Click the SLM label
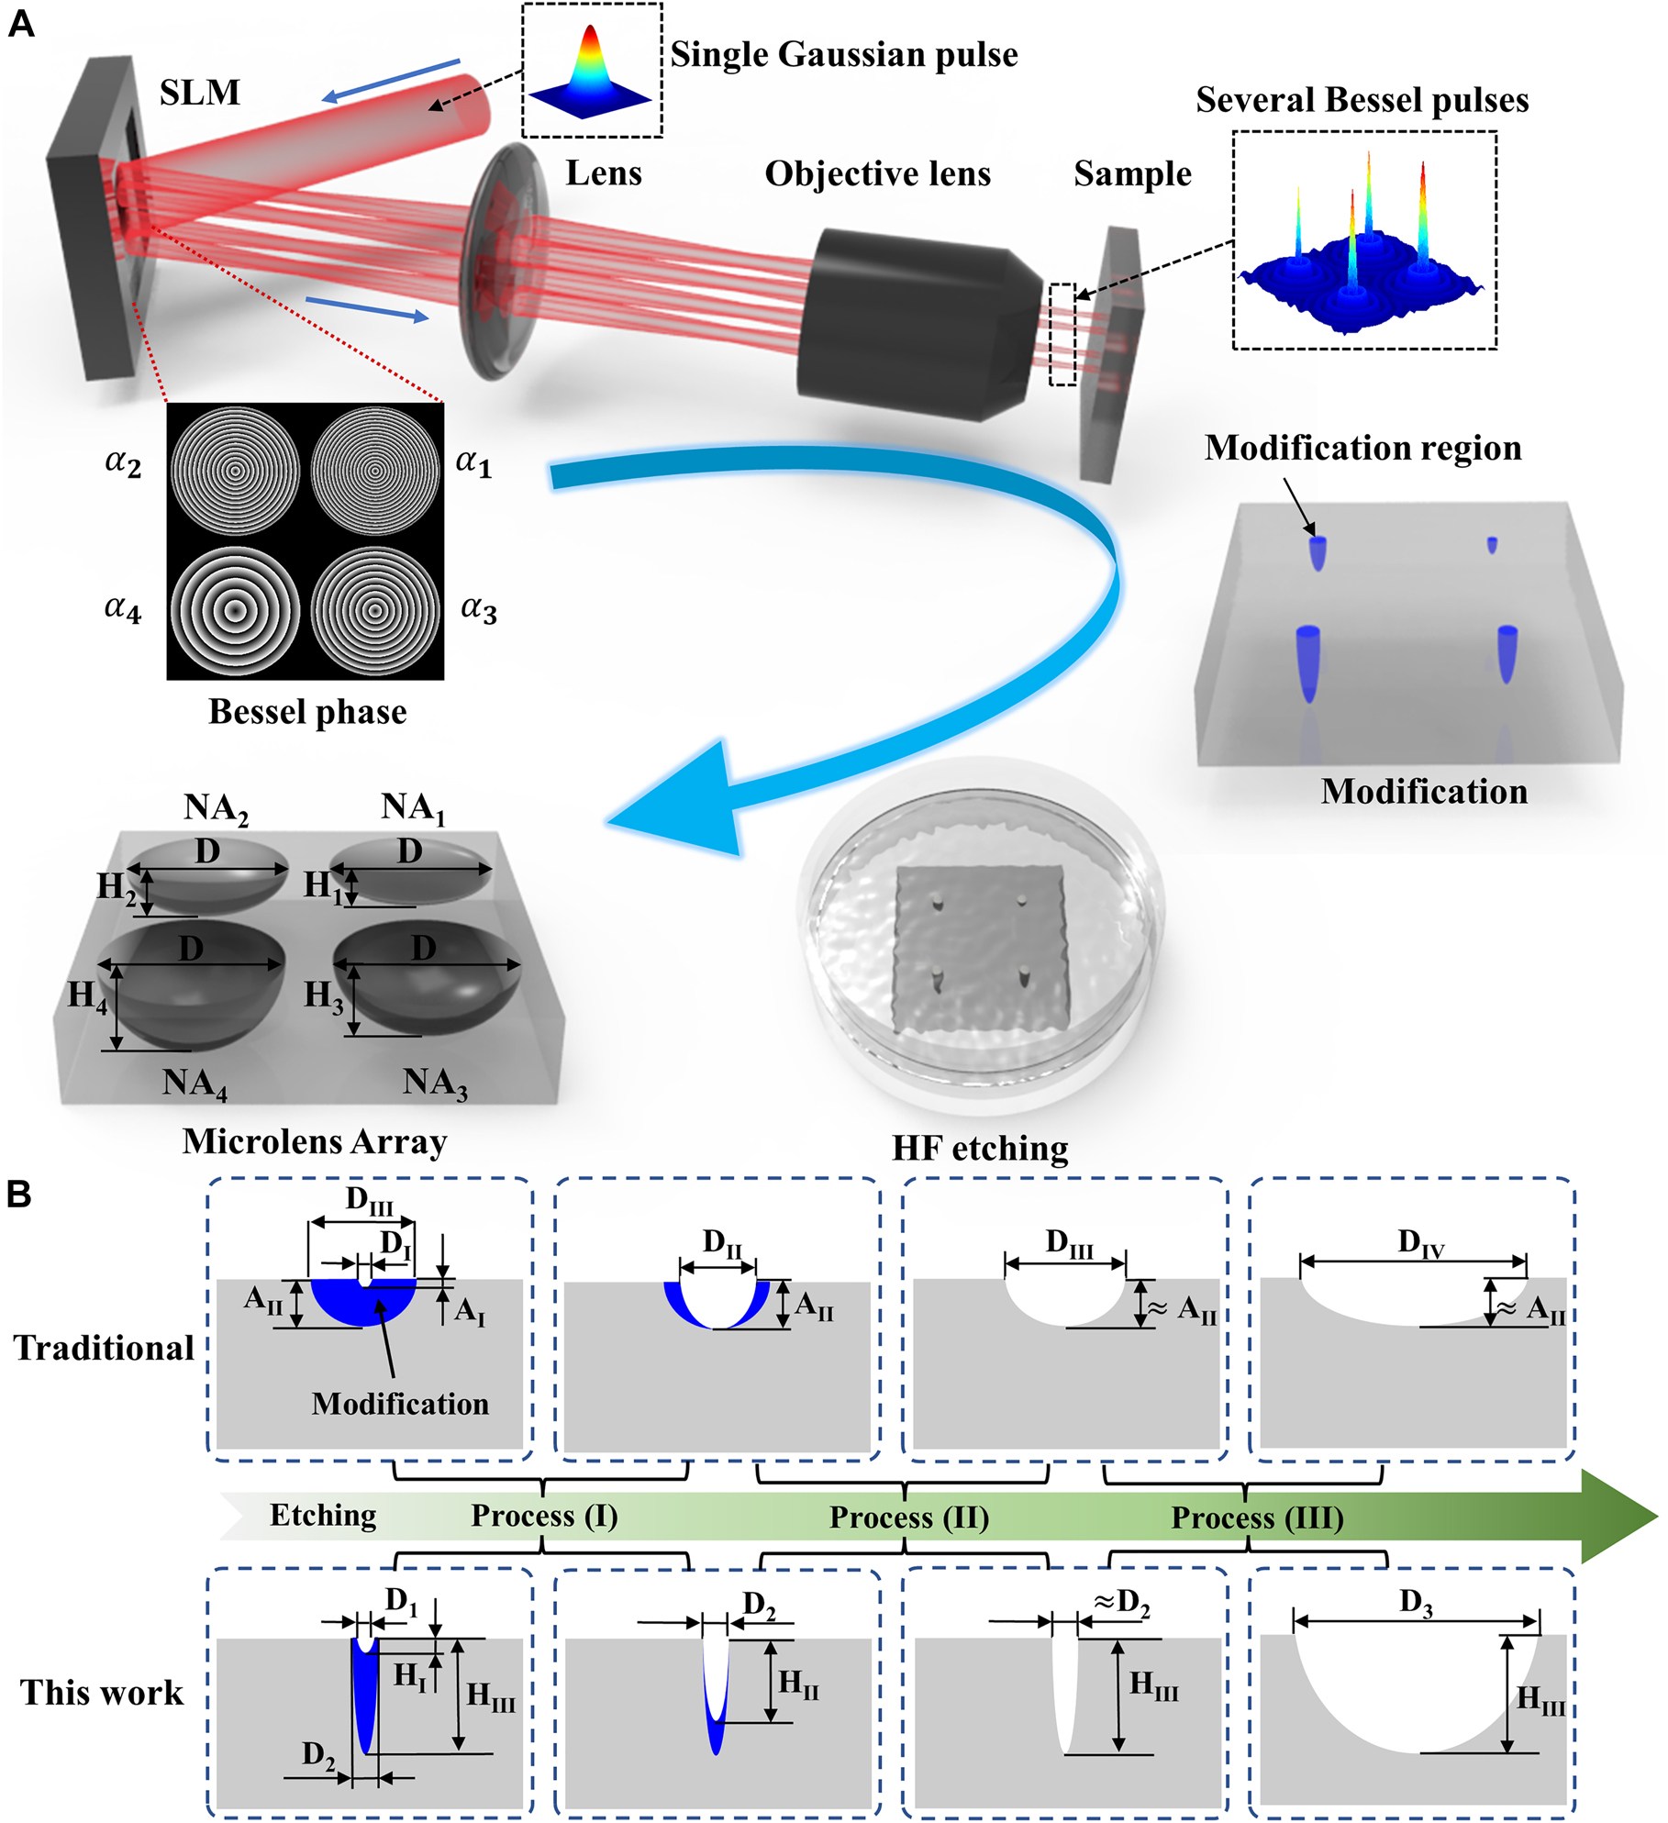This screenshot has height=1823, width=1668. [199, 93]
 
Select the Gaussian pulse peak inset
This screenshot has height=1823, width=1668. [592, 72]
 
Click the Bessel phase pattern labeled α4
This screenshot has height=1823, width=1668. [236, 611]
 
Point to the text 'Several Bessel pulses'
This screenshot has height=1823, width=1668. [1362, 100]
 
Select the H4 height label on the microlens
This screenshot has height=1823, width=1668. [87, 996]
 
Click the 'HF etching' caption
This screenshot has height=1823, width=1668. [980, 1148]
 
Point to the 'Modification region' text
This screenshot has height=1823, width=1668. [1362, 448]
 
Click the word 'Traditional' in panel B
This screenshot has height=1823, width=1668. [104, 1348]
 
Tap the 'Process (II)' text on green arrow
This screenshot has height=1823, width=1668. [908, 1517]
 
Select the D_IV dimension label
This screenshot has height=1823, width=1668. [1420, 1244]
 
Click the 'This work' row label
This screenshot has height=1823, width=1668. [102, 1693]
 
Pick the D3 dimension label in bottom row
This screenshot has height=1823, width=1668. [1416, 1603]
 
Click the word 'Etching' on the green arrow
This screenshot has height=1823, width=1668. [323, 1516]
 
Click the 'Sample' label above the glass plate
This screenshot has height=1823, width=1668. [1132, 174]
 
